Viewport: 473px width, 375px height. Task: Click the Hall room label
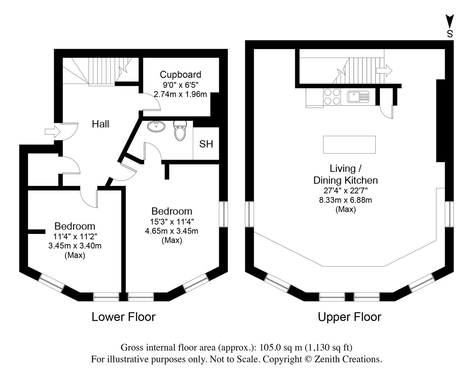pyautogui.click(x=100, y=124)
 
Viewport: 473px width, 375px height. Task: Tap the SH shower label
pyautogui.click(x=206, y=144)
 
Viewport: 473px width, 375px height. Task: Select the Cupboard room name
pyautogui.click(x=180, y=75)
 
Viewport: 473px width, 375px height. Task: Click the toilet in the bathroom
pyautogui.click(x=180, y=131)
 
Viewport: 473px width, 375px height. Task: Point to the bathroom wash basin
pyautogui.click(x=157, y=126)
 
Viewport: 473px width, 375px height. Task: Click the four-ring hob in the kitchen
pyautogui.click(x=332, y=97)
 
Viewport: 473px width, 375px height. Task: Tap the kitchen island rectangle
pyautogui.click(x=349, y=144)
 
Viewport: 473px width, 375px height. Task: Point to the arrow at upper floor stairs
pyautogui.click(x=384, y=71)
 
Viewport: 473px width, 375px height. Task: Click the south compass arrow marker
pyautogui.click(x=450, y=22)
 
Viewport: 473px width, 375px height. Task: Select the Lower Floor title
pyautogui.click(x=123, y=317)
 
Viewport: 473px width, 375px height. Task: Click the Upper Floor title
pyautogui.click(x=350, y=317)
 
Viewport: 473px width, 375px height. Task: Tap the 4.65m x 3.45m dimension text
pyautogui.click(x=172, y=231)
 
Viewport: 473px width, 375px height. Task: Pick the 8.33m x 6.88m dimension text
pyautogui.click(x=345, y=200)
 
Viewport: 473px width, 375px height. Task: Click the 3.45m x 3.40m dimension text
pyautogui.click(x=75, y=246)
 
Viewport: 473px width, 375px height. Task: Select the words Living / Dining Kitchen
pyautogui.click(x=345, y=174)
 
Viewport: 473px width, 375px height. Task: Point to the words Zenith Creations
pyautogui.click(x=348, y=359)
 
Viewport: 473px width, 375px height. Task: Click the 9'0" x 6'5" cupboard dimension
pyautogui.click(x=180, y=85)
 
